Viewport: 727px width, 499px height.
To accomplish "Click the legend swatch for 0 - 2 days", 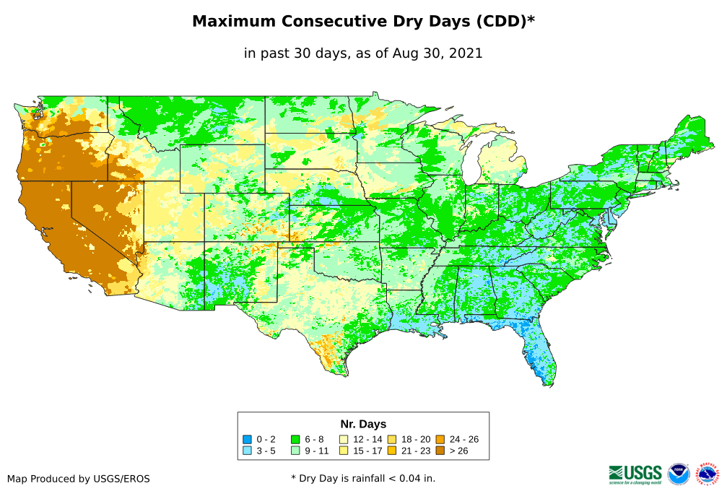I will [248, 439].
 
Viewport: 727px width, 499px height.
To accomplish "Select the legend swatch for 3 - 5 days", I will [248, 451].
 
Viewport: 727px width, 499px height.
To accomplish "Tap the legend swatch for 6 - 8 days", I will [296, 439].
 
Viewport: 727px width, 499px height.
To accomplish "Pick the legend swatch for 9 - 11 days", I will [296, 451].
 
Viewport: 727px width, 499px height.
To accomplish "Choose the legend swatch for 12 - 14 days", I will [344, 439].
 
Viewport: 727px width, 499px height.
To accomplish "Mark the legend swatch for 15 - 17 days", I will [344, 451].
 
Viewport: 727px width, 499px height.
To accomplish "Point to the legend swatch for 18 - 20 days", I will [393, 439].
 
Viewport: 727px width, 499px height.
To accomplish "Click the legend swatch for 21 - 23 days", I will [393, 451].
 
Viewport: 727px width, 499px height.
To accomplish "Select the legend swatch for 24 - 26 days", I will [440, 439].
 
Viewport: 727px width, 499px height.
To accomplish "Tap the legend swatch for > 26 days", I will [440, 451].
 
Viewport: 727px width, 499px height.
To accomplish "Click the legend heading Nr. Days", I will [363, 424].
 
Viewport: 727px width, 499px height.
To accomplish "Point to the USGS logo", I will [635, 474].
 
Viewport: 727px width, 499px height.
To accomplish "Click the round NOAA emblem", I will [679, 474].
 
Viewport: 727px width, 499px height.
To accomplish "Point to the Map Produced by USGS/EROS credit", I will [79, 479].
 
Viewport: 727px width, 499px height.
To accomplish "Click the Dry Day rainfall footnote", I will [363, 478].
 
